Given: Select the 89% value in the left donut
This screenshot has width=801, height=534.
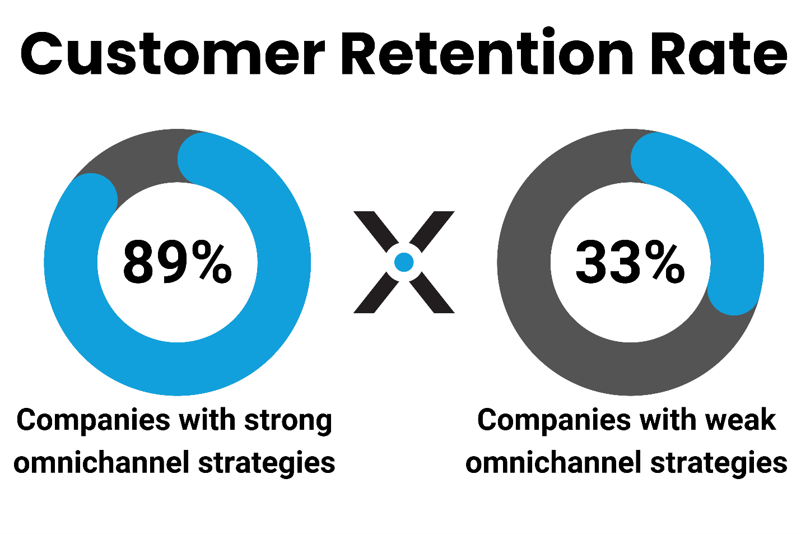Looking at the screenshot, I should point(177,262).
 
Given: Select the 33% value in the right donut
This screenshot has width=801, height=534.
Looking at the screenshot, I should point(630,262).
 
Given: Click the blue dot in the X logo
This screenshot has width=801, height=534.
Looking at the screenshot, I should point(404,262).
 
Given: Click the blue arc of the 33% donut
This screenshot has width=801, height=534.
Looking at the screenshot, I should point(723,202).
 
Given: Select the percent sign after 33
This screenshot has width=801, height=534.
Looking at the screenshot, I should point(664,262).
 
